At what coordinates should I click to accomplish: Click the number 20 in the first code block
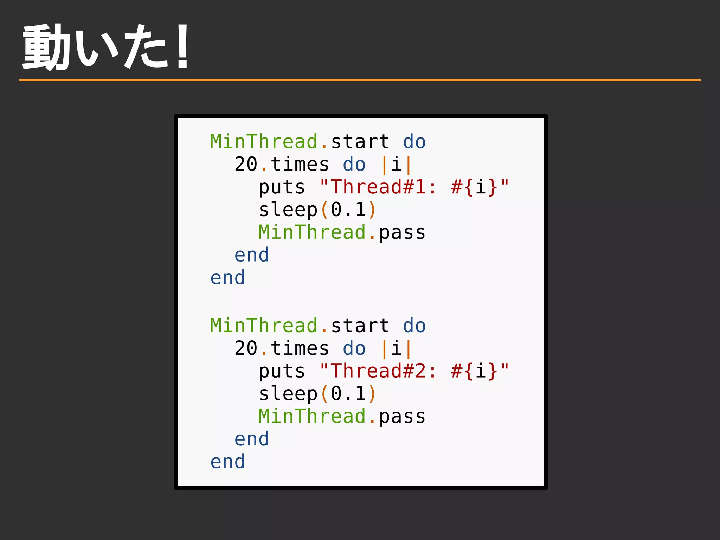point(246,164)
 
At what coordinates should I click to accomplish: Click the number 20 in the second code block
point(246,348)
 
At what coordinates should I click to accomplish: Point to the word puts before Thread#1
point(282,187)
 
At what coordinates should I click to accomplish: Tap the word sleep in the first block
point(288,210)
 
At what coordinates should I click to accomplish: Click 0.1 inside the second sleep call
point(348,393)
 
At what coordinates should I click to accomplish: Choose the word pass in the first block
point(402,233)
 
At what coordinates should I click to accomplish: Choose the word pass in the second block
point(402,417)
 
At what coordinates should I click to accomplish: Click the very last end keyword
point(227,462)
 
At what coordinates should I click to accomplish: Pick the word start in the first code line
point(360,142)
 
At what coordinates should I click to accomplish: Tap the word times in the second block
point(300,348)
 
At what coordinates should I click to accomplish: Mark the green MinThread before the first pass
point(312,232)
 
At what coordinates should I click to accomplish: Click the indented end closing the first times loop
point(252,255)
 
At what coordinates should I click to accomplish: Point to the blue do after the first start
point(414,142)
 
